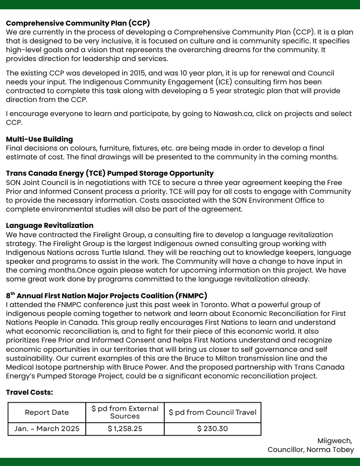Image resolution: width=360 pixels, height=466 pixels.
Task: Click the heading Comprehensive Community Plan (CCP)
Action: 78,23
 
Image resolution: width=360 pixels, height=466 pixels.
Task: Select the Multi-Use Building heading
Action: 40,139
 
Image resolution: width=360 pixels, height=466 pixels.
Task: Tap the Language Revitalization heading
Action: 50,226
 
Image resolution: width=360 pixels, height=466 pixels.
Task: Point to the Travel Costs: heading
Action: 29,392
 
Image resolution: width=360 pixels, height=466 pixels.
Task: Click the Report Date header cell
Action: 47,412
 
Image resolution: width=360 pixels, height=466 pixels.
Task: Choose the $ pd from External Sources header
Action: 125,412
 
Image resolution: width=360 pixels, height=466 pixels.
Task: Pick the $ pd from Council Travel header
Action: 212,412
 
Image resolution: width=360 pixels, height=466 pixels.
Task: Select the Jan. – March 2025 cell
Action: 47,429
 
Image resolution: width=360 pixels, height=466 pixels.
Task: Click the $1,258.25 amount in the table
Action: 125,429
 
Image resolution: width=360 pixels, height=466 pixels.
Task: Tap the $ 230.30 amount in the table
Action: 212,429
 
